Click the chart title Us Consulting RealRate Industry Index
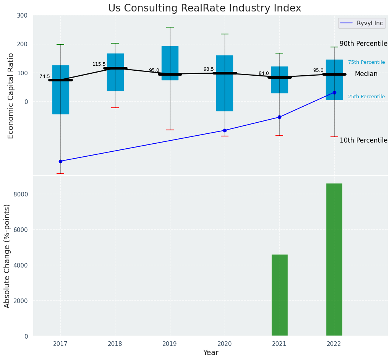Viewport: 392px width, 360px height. (204, 8)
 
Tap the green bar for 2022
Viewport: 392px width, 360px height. (334, 259)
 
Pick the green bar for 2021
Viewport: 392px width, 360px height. (279, 295)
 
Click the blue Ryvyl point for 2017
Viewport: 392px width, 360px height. (60, 161)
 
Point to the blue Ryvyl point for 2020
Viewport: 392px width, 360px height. (225, 130)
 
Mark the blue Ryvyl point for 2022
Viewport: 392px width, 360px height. (334, 92)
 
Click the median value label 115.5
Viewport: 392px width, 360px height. (99, 64)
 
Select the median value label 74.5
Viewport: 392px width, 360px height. (45, 76)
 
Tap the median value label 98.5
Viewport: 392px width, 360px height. (209, 69)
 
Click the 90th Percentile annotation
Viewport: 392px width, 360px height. (363, 44)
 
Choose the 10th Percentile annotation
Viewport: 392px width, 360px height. (363, 140)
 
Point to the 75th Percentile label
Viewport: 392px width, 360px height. (366, 62)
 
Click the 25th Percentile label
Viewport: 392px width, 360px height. (366, 97)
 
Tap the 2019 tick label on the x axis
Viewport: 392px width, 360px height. (170, 344)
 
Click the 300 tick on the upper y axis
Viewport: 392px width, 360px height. (22, 15)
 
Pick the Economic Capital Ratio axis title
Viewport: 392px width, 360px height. (11, 96)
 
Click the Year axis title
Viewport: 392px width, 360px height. (211, 353)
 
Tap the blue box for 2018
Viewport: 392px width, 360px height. (115, 72)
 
